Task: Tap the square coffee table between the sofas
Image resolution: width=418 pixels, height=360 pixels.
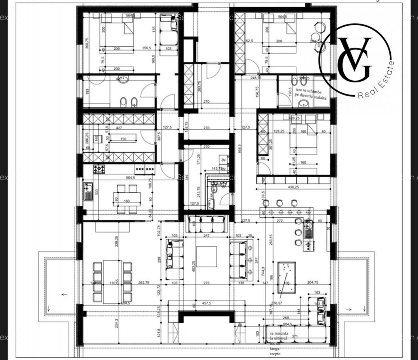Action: [x=206, y=256]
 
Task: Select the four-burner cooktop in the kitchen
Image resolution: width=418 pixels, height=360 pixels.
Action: [x=99, y=169]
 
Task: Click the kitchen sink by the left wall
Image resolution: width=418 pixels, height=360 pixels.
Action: [x=88, y=191]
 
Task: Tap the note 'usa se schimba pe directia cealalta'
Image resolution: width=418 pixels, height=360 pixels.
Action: [x=311, y=94]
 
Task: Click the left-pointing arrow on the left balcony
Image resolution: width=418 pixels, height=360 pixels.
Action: [x=64, y=294]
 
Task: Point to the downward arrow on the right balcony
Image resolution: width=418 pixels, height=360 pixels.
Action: [x=364, y=308]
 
